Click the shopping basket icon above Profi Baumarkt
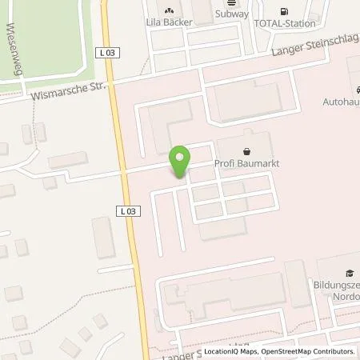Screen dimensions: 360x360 (246, 151)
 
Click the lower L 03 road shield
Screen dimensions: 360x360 (128, 211)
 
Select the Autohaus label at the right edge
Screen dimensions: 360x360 (342, 102)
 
